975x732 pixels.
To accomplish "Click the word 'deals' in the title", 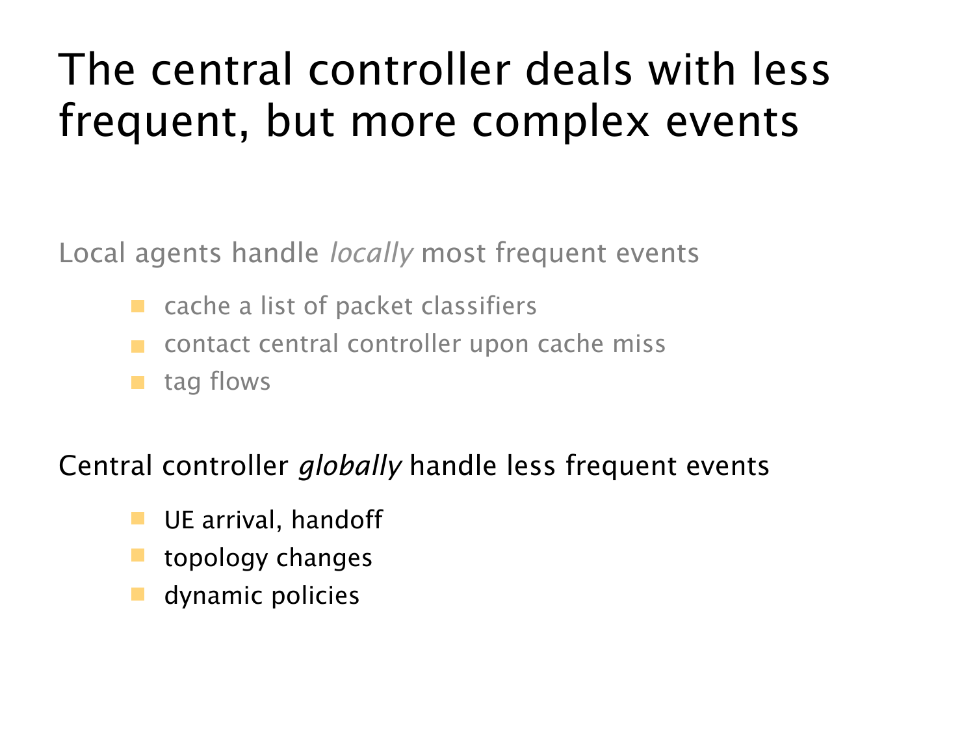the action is pyautogui.click(x=578, y=70).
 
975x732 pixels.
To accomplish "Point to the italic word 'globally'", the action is pyautogui.click(x=350, y=467).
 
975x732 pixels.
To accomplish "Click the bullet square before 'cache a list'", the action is pyautogui.click(x=138, y=306).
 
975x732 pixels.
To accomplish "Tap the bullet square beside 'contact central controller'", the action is pyautogui.click(x=138, y=347).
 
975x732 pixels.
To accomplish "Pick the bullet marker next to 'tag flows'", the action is pyautogui.click(x=138, y=383).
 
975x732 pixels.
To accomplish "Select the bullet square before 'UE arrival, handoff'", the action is pyautogui.click(x=138, y=519).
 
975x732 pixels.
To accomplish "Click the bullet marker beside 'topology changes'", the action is pyautogui.click(x=138, y=556).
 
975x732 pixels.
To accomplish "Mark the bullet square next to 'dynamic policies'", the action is pyautogui.click(x=138, y=594).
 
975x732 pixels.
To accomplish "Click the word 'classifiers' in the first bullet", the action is pyautogui.click(x=479, y=306).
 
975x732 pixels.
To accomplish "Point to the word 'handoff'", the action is pyautogui.click(x=337, y=519).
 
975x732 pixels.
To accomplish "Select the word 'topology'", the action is pyautogui.click(x=216, y=559).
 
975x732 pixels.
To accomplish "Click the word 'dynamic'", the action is pyautogui.click(x=213, y=597).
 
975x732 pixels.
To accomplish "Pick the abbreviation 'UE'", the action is pyautogui.click(x=179, y=520).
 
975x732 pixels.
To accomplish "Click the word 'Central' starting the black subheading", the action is pyautogui.click(x=105, y=466).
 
